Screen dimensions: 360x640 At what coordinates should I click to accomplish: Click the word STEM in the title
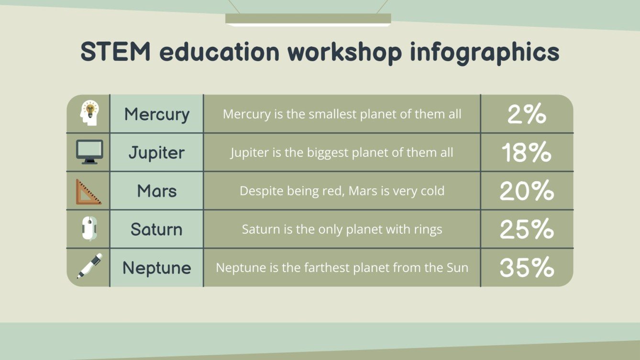(115, 52)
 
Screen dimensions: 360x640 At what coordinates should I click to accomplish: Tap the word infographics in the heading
(485, 52)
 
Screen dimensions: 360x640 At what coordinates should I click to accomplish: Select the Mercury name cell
(157, 114)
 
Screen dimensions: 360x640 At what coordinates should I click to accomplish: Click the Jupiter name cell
(157, 153)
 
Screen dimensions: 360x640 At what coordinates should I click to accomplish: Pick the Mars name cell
(157, 191)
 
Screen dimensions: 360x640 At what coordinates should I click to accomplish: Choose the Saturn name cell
(157, 229)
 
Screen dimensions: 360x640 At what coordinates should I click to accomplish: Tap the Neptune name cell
(157, 268)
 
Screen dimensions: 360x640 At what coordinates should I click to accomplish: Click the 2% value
(527, 115)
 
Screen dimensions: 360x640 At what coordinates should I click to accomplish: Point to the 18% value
(527, 153)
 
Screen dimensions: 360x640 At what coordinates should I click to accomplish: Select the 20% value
(527, 191)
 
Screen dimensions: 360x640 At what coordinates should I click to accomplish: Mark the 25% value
(527, 229)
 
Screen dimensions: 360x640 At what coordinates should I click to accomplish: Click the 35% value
(527, 268)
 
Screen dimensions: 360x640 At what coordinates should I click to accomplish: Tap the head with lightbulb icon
(89, 113)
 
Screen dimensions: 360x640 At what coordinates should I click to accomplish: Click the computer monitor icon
(89, 152)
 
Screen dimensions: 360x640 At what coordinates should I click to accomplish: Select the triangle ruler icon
(88, 192)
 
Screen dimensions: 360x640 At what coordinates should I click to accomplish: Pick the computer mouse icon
(89, 229)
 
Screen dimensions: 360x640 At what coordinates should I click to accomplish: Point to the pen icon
(89, 266)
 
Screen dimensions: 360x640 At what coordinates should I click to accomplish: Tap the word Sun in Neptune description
(457, 268)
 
